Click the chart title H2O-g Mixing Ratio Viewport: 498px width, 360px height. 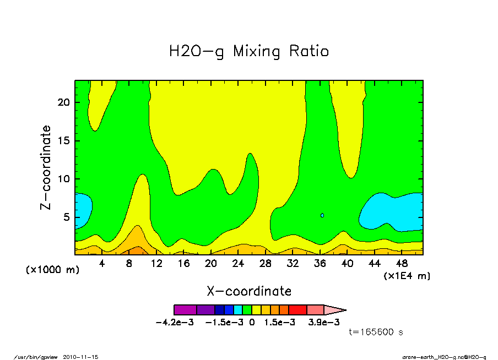click(249, 52)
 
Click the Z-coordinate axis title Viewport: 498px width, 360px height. click(46, 167)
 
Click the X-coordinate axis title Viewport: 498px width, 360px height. click(249, 291)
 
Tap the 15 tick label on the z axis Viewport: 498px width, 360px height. click(64, 140)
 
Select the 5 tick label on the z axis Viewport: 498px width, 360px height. click(67, 217)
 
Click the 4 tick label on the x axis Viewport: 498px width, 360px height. click(102, 264)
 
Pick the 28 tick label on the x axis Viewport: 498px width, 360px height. click(265, 264)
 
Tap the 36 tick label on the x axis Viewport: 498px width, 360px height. click(320, 264)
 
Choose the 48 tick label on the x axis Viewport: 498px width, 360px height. click(401, 264)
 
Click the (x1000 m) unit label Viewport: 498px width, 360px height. click(48, 271)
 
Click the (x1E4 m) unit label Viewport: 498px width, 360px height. click(407, 276)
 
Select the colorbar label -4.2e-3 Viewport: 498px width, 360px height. click(175, 323)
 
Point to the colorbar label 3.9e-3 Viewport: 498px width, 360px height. click(323, 323)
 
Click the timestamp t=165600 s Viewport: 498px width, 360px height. click(377, 332)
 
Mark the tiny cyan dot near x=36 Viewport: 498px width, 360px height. click(322, 215)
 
